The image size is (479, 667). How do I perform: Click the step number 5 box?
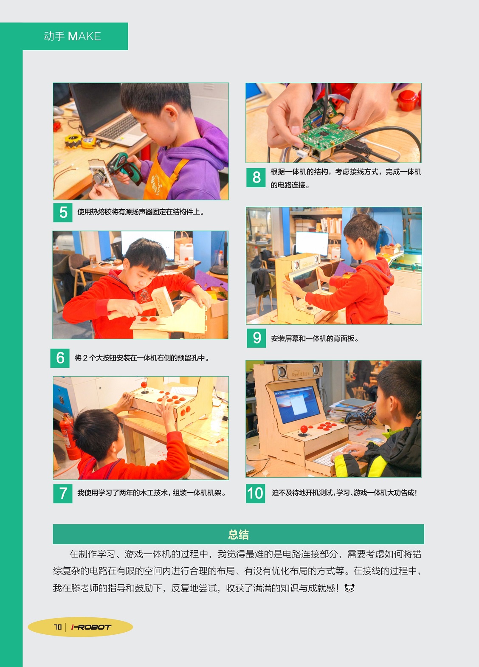(x=63, y=212)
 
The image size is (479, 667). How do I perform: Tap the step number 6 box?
(x=60, y=358)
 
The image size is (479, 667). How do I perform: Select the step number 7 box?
(x=63, y=493)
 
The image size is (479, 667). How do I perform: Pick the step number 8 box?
(x=256, y=177)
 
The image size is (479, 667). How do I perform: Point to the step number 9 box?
(x=256, y=338)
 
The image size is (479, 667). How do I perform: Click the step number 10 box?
(x=255, y=493)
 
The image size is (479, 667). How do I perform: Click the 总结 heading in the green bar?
(x=238, y=535)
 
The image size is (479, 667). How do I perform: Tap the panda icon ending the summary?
(x=349, y=588)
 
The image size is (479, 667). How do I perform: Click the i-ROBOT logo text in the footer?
(x=91, y=627)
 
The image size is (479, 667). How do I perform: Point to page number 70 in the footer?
(x=58, y=627)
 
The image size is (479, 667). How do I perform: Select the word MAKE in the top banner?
(x=85, y=37)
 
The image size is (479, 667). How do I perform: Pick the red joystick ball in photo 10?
(x=304, y=429)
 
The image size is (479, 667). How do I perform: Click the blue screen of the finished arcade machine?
(x=297, y=404)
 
